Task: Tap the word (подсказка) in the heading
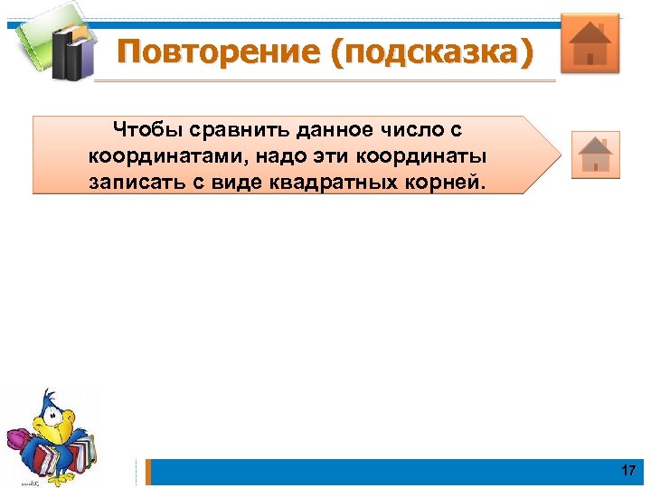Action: coord(432,52)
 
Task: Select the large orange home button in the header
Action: coord(590,42)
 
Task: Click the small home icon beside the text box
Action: coord(595,154)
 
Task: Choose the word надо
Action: coord(278,155)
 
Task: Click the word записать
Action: coord(135,182)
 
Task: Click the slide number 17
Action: coord(628,471)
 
